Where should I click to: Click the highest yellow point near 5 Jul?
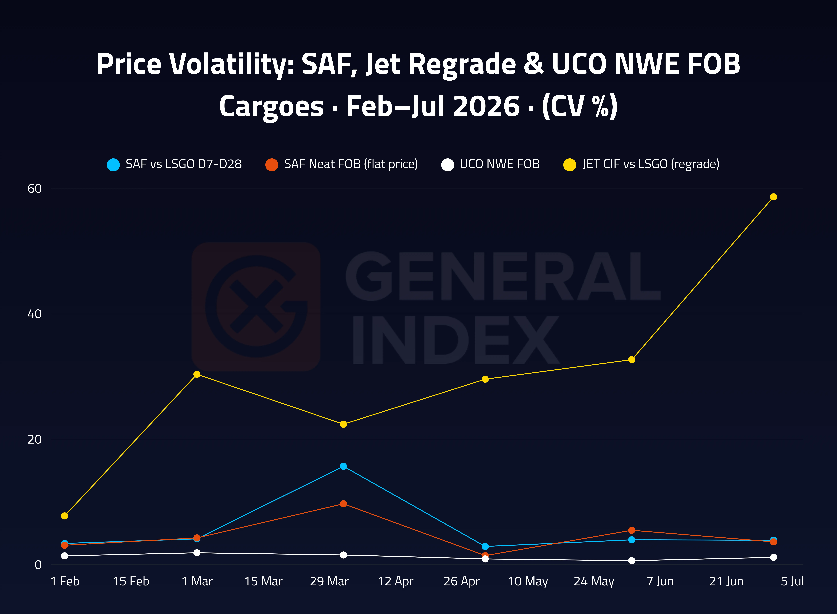tap(773, 197)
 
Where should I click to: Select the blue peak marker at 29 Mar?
tap(343, 466)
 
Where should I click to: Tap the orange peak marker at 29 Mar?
tap(343, 504)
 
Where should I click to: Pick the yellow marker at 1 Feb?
tap(65, 516)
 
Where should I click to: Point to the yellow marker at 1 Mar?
tap(197, 374)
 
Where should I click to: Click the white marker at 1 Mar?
tap(197, 553)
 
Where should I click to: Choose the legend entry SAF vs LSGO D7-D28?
tap(174, 164)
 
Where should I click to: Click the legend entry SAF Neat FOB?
tap(342, 164)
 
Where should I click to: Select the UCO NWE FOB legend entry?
tap(490, 164)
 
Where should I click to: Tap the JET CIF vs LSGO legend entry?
tap(641, 164)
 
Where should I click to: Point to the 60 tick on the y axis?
tap(35, 188)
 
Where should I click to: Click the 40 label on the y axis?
tap(35, 314)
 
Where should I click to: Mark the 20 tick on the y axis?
tap(35, 439)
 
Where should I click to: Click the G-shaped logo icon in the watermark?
tap(256, 307)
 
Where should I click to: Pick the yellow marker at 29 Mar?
tap(343, 424)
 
